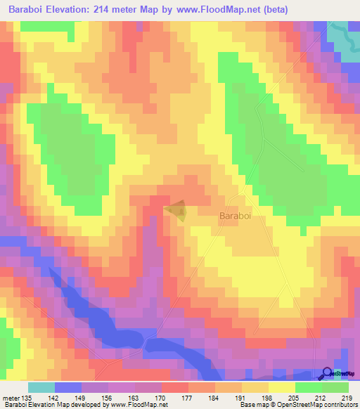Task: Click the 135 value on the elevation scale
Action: point(27,398)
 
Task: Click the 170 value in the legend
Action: point(162,398)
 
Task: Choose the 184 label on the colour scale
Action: point(215,398)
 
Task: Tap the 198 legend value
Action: point(269,398)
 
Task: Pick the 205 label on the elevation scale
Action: point(295,398)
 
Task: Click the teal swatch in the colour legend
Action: point(41,387)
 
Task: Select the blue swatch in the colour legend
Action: point(67,387)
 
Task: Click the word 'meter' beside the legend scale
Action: point(10,398)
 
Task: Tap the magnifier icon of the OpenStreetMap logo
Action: point(326,374)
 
